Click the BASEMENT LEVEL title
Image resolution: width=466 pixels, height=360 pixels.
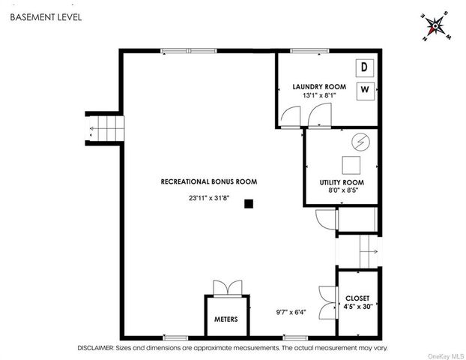click(x=46, y=17)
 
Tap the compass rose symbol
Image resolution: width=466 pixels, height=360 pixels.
click(x=436, y=26)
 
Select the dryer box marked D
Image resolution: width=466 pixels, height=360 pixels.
click(x=365, y=67)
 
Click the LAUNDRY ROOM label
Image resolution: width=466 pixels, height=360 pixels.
click(x=319, y=87)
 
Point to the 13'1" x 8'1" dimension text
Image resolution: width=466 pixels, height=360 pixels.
click(x=319, y=95)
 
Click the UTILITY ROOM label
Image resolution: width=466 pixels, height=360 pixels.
click(x=342, y=182)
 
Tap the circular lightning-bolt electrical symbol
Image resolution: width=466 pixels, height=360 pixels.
click(x=361, y=142)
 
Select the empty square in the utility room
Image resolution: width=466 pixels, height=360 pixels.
click(x=351, y=165)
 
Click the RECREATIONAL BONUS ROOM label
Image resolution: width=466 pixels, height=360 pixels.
click(x=209, y=181)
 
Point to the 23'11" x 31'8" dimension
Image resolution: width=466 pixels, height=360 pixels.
click(x=209, y=198)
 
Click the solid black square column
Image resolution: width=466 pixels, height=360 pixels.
click(x=249, y=204)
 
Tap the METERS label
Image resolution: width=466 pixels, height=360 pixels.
click(x=226, y=319)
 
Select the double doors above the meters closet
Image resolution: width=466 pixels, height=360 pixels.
click(x=228, y=288)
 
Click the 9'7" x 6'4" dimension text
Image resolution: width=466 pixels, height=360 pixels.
click(x=291, y=312)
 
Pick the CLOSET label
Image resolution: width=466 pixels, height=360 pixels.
click(x=357, y=298)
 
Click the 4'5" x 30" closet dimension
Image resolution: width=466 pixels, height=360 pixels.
click(x=358, y=307)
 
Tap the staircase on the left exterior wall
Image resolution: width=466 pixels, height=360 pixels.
click(x=105, y=128)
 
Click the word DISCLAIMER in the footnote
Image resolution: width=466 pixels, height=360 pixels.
click(x=96, y=348)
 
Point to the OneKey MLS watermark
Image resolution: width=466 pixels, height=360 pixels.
click(x=446, y=356)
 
